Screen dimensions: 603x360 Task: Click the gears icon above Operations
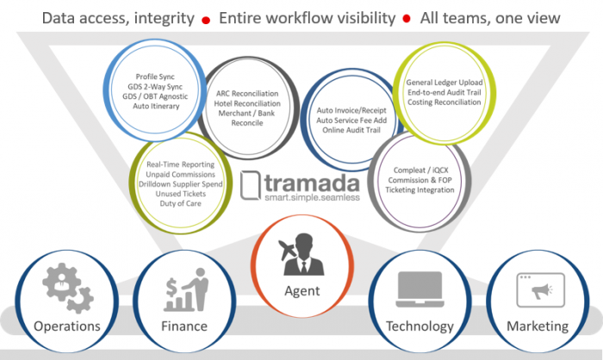[x=68, y=288]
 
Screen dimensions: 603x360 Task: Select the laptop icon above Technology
[x=420, y=289]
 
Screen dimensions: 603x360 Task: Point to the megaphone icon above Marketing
[x=540, y=290]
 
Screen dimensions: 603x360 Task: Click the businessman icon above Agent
[x=302, y=254]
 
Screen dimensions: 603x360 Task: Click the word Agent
[x=301, y=291]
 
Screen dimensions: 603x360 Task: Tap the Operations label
[x=67, y=326]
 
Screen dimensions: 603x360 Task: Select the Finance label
[x=184, y=326]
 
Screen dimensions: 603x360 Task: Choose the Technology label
[x=420, y=326]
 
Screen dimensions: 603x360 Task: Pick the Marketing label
[x=538, y=326]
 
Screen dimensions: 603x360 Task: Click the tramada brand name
[x=312, y=183]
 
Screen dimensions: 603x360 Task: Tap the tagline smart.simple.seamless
[x=312, y=197]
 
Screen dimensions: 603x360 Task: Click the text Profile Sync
[x=155, y=77]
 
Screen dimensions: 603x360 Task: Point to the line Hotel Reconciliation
[x=247, y=103]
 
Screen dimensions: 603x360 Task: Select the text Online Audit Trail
[x=351, y=130]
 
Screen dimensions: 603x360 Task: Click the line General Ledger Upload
[x=444, y=83]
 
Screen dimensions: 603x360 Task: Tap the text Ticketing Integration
[x=420, y=190]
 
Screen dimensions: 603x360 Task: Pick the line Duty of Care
[x=180, y=203]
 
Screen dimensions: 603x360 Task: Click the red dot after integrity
[x=206, y=20]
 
